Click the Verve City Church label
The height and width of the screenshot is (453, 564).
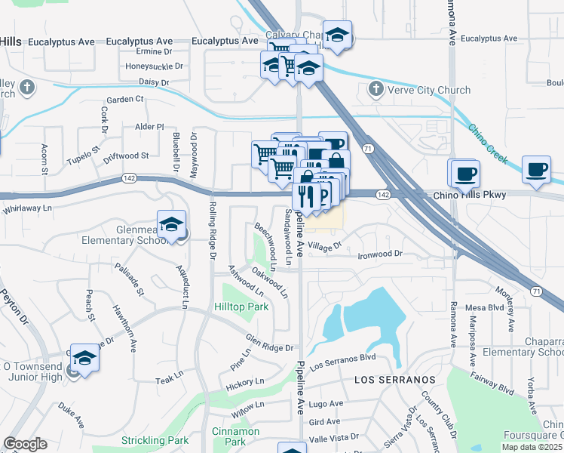(429, 91)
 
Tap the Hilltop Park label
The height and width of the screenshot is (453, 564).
(241, 307)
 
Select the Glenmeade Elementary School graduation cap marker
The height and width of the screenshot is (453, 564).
(172, 224)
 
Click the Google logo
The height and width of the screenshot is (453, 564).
(26, 444)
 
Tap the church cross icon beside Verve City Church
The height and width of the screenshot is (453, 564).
(375, 90)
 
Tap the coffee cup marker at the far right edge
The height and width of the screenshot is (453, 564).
(537, 170)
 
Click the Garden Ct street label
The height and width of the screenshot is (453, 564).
(124, 99)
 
